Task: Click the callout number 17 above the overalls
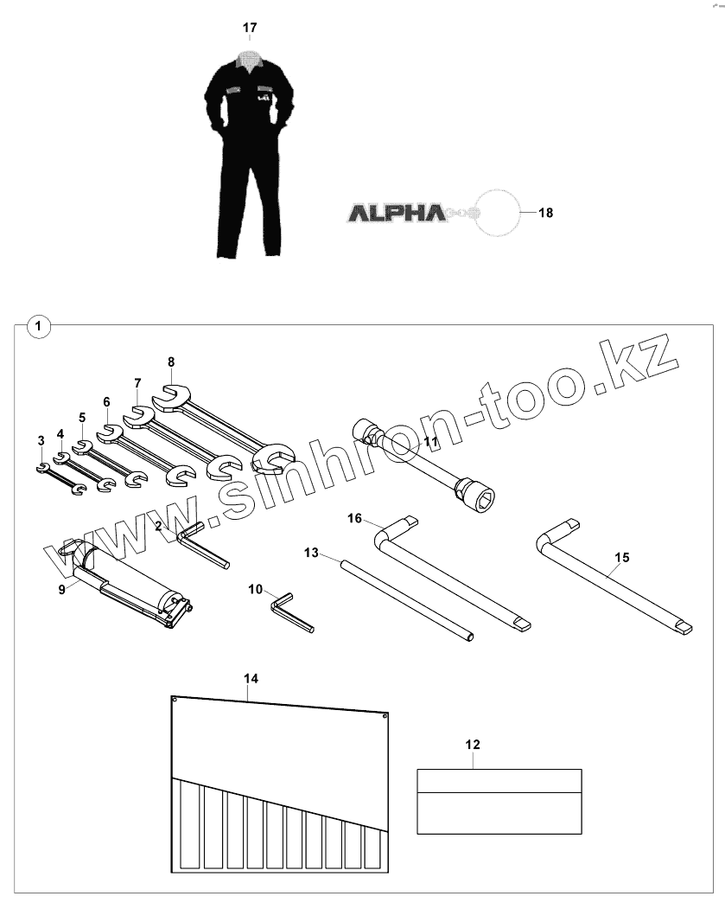(x=249, y=29)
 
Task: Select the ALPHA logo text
(x=396, y=212)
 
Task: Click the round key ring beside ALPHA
(x=494, y=212)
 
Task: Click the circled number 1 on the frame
(x=39, y=326)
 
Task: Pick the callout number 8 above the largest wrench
(x=171, y=362)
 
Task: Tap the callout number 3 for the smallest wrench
(x=41, y=441)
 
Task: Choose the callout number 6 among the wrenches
(x=106, y=401)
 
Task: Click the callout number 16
(x=354, y=517)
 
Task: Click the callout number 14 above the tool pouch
(x=251, y=679)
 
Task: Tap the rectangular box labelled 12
(x=499, y=802)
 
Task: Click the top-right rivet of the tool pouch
(x=385, y=715)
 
